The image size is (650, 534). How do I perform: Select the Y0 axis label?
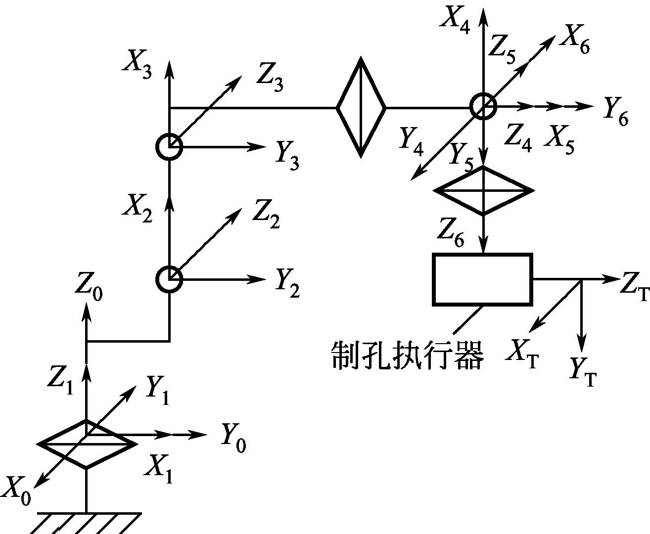point(234,438)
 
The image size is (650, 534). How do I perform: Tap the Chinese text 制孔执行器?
point(408,356)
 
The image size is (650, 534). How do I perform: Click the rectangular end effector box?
point(483,279)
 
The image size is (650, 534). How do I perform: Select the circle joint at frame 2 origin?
point(169,279)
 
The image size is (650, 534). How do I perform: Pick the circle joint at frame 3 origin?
point(169,147)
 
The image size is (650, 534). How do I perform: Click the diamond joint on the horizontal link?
point(361,107)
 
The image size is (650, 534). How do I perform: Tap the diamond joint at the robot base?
point(87,445)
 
